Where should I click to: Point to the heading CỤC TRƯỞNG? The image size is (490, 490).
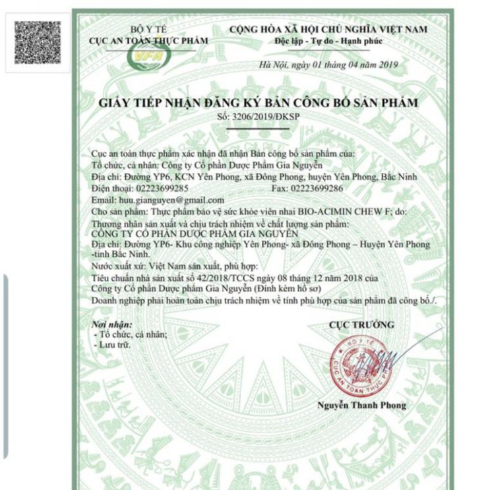click(x=361, y=324)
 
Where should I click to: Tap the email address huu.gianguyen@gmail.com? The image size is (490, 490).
click(x=172, y=199)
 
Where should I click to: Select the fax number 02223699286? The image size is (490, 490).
click(x=317, y=188)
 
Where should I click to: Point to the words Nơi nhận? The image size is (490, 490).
click(x=112, y=324)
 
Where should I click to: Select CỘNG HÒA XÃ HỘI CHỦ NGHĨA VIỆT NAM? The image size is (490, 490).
click(x=328, y=30)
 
